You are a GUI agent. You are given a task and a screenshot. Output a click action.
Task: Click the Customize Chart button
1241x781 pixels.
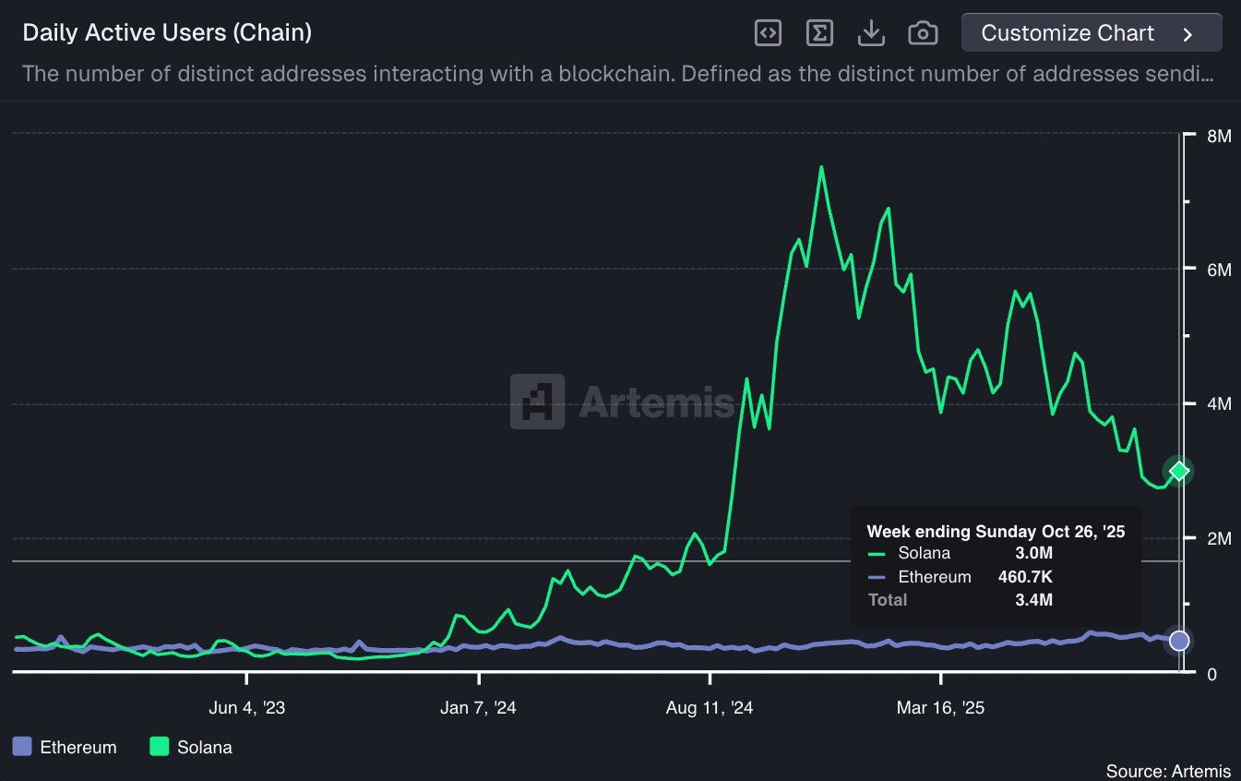pos(1091,33)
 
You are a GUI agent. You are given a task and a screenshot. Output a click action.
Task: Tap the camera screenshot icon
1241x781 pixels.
pos(923,33)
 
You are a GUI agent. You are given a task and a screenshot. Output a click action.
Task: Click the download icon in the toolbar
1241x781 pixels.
pos(871,33)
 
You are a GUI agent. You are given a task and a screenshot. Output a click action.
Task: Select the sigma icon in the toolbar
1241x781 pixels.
pos(819,33)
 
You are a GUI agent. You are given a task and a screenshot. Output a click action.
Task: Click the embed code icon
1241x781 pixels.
pos(768,33)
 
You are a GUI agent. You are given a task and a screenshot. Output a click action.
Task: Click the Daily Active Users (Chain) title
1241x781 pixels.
pos(167,33)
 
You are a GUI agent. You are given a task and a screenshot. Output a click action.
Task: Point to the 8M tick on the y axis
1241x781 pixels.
pos(1219,137)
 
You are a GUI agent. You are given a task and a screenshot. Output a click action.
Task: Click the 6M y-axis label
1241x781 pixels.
pos(1219,270)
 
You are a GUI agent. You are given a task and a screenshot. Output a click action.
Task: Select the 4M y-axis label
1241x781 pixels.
pos(1219,404)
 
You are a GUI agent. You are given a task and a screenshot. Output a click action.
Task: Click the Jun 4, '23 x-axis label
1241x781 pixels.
pos(247,708)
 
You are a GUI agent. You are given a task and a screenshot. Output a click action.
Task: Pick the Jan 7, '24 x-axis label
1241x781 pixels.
pos(479,708)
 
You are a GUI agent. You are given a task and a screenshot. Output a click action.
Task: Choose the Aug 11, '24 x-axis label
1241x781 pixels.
pos(710,708)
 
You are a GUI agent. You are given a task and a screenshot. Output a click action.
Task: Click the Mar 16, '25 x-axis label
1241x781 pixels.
pos(940,708)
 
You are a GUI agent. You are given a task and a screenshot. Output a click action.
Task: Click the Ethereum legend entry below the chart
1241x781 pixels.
pos(66,747)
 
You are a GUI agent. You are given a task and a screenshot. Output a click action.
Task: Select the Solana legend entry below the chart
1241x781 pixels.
pos(191,747)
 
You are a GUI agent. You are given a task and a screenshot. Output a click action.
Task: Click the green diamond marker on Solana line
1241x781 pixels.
pos(1178,471)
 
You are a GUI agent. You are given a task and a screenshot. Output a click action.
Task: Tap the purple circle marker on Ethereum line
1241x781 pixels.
pos(1178,640)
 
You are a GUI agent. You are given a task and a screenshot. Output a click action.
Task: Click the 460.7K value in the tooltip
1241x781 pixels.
pos(1025,577)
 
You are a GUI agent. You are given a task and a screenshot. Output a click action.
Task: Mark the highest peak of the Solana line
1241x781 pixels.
pos(821,167)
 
